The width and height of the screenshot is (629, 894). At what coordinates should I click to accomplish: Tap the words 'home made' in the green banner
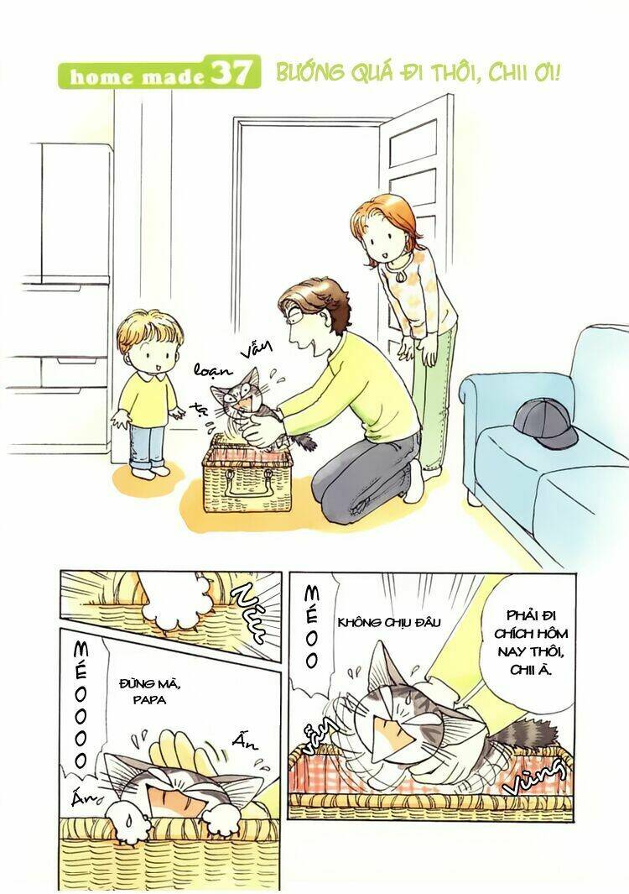[137, 76]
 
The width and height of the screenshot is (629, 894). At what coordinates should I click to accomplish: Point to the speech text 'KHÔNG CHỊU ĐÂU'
[377, 622]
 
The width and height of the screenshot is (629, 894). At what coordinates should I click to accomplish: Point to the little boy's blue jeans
[146, 444]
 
